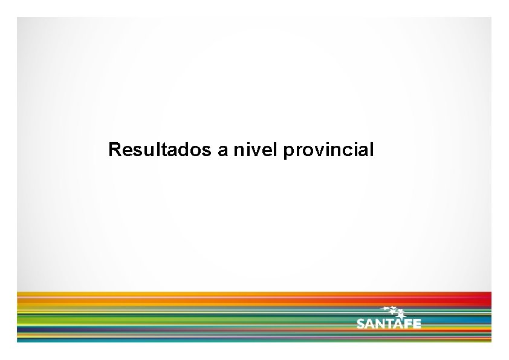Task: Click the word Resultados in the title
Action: tap(160, 149)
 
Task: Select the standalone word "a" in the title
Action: tap(222, 150)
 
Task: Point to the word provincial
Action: tap(328, 150)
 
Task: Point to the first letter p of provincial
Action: tap(287, 151)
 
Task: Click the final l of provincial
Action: tap(372, 149)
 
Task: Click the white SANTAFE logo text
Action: tap(388, 324)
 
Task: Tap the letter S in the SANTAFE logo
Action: tap(361, 324)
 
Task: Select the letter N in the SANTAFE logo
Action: tap(381, 324)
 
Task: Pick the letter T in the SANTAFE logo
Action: tap(391, 324)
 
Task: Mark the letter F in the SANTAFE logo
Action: tap(408, 324)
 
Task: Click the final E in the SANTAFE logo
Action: tap(417, 324)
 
